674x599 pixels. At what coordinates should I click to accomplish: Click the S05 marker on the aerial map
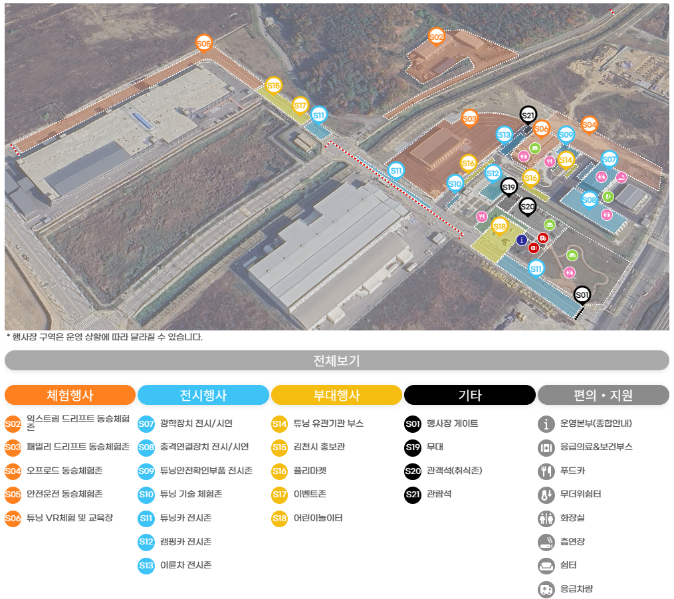coord(203,43)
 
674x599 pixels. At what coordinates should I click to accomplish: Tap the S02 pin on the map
coord(436,37)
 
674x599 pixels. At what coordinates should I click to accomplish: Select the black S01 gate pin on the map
coord(582,295)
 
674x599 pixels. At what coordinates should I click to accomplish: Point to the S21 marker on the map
coord(528,115)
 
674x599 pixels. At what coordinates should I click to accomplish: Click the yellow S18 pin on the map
coord(500,227)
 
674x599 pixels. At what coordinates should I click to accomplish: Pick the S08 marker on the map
coord(590,199)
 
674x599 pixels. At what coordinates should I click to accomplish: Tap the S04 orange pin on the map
coord(589,124)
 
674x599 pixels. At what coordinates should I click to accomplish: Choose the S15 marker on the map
coord(273,85)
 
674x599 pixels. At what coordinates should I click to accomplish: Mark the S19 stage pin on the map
coord(508,187)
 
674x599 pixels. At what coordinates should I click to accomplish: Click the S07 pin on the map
coord(609,159)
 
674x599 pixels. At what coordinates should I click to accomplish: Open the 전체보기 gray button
coord(336,360)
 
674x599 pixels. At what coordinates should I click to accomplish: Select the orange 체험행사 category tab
coord(70,395)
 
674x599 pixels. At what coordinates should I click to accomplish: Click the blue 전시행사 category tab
coord(203,395)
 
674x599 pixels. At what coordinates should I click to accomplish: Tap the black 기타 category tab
coord(470,395)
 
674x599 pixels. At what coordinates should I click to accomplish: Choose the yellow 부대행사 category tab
coord(336,395)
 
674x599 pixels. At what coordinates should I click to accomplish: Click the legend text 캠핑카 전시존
coord(185,542)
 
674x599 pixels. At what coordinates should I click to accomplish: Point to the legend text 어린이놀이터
coord(318,518)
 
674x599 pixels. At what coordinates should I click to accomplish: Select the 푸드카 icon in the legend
coord(546,471)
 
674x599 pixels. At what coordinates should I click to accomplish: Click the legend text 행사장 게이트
coord(452,423)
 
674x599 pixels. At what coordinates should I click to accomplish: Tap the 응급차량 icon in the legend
coord(546,590)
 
